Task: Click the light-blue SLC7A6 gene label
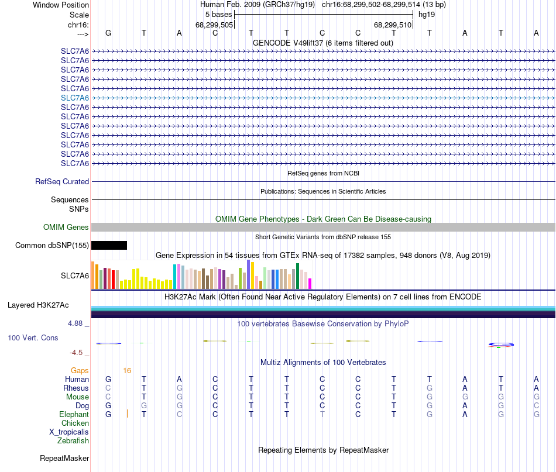point(75,98)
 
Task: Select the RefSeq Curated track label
point(62,182)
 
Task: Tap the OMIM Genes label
point(66,227)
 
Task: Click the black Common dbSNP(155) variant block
point(109,245)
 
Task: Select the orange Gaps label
point(80,370)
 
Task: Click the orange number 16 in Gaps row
point(127,370)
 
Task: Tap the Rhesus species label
point(76,388)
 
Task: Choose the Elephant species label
point(74,414)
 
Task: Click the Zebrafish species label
point(74,440)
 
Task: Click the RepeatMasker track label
point(64,458)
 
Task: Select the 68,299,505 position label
point(214,25)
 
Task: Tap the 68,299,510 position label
point(393,25)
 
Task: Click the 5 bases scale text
point(219,13)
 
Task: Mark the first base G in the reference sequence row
point(108,33)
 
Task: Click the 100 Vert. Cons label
point(33,338)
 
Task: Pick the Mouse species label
point(77,397)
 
